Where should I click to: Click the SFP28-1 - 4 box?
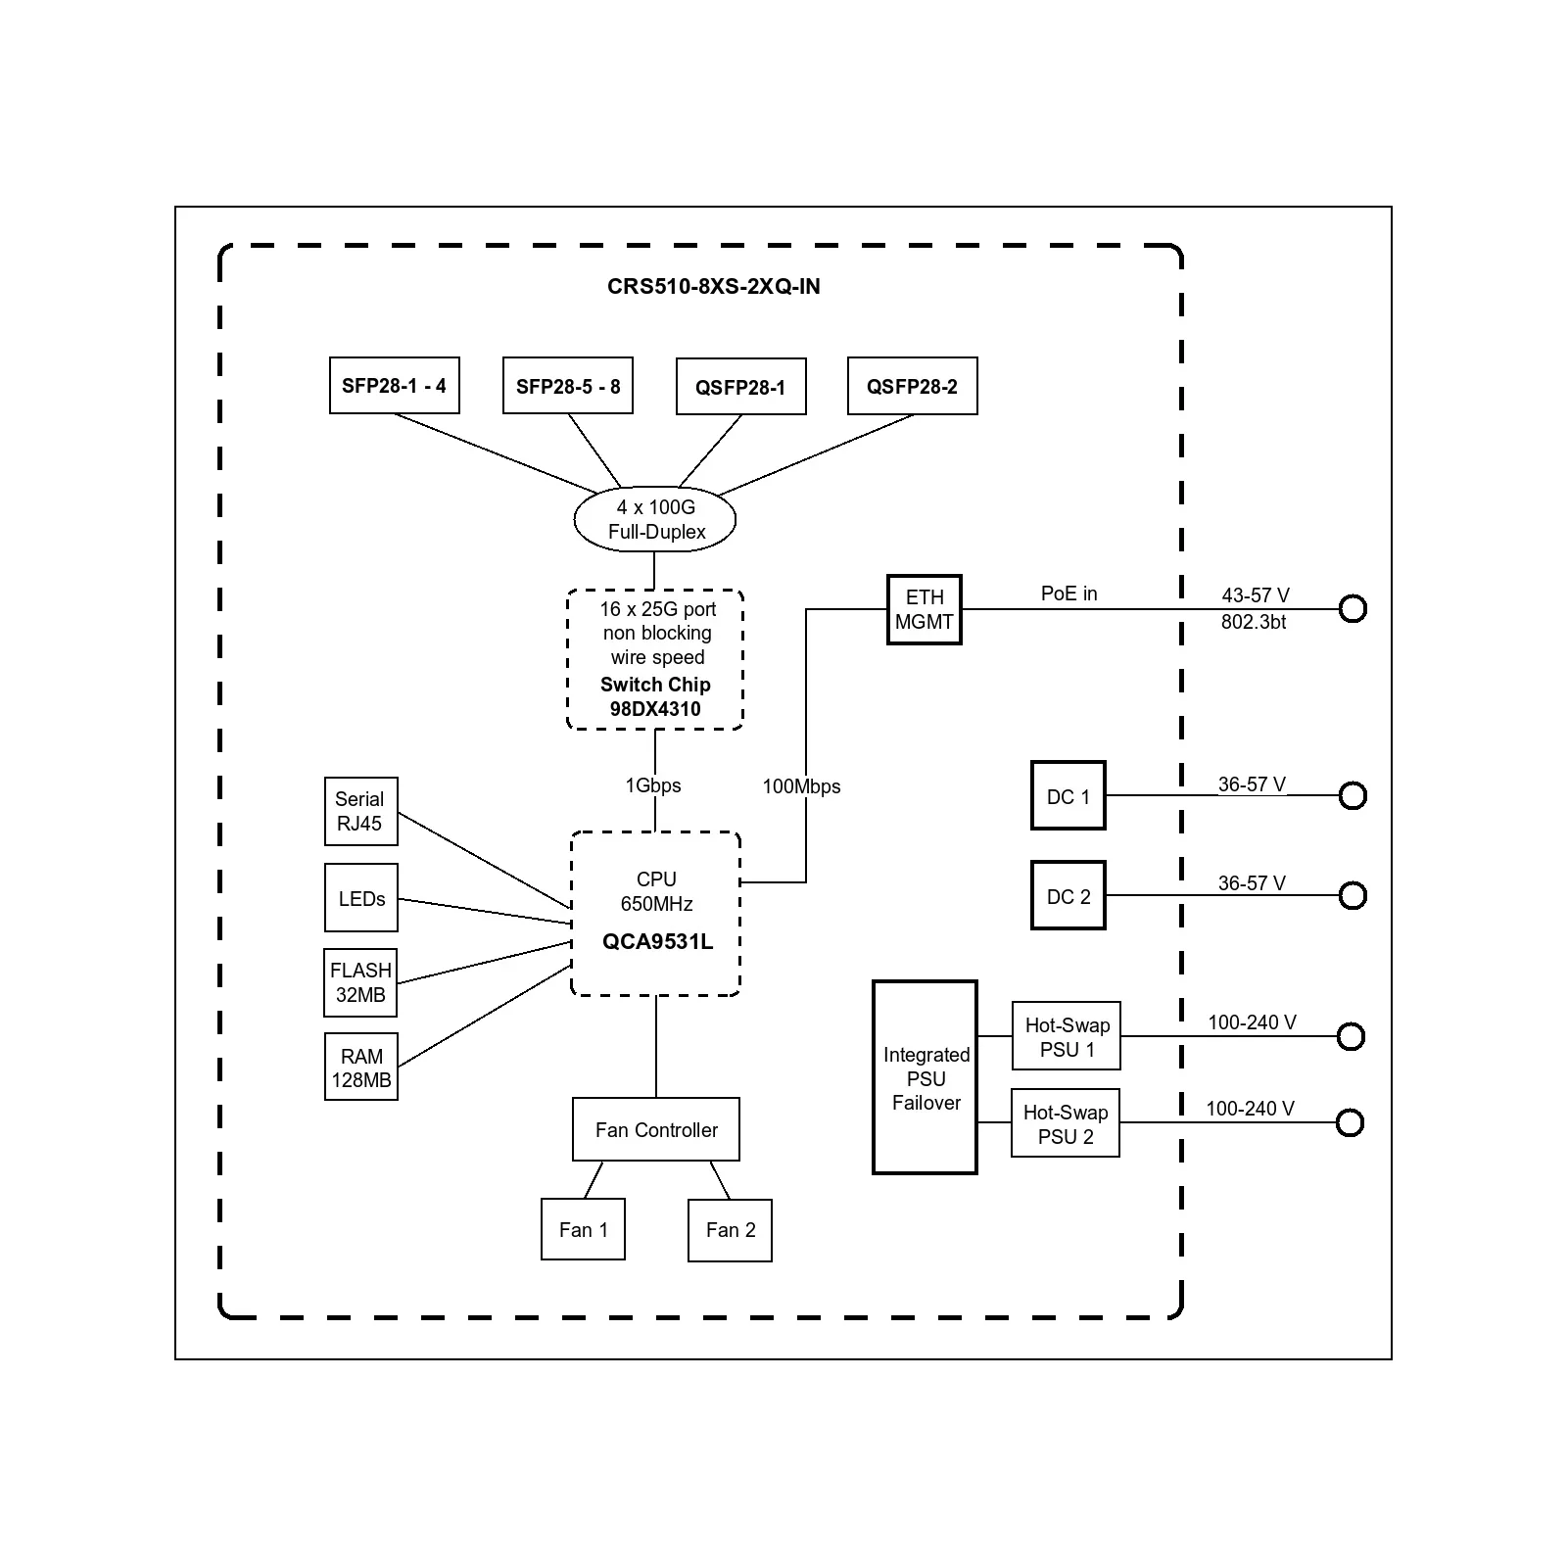click(394, 386)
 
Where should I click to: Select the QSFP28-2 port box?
click(912, 387)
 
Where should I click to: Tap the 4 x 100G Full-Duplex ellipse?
click(655, 519)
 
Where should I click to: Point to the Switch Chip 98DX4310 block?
click(655, 659)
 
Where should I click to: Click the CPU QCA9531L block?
click(655, 913)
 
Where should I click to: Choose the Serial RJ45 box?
click(360, 812)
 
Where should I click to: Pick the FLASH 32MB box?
click(360, 982)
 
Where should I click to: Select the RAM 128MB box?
click(360, 1068)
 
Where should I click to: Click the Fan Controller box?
click(655, 1129)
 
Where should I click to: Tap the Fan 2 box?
click(730, 1230)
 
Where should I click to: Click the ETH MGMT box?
click(925, 609)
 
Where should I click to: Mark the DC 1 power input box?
click(1068, 796)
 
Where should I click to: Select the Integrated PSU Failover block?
click(925, 1077)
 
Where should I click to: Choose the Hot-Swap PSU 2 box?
click(1066, 1123)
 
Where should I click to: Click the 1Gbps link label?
click(653, 785)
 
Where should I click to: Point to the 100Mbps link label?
click(801, 786)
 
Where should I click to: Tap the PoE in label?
click(1068, 594)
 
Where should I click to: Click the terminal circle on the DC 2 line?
click(1353, 895)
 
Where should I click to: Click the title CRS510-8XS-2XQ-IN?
click(713, 287)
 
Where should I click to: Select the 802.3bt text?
click(1254, 622)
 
